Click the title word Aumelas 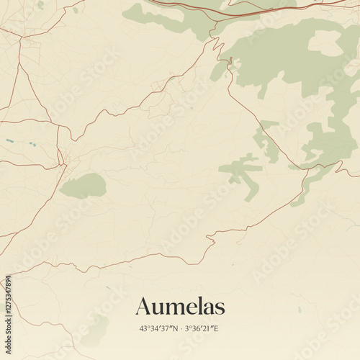pos(180,306)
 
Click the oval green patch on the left pos(83,186)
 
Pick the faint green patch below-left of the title pos(94,330)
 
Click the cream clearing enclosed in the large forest pos(325,43)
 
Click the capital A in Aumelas pos(143,306)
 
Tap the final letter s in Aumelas pos(220,307)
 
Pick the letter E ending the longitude pos(216,328)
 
